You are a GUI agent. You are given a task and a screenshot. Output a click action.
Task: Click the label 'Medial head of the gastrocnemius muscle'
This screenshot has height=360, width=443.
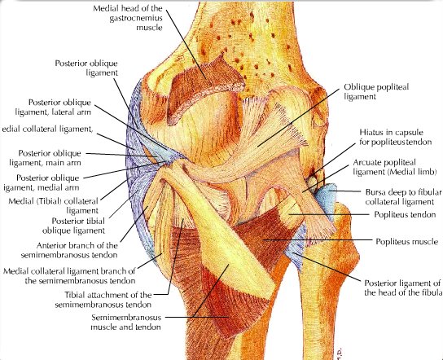click(128, 18)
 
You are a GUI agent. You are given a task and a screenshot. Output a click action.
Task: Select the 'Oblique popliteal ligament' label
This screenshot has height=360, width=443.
click(376, 91)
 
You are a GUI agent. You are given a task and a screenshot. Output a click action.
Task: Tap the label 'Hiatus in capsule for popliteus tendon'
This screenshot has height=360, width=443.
click(396, 137)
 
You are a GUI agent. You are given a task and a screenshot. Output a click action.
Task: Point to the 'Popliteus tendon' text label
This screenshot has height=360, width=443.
click(405, 214)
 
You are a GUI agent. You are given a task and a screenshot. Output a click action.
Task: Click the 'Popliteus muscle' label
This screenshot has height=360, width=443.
click(406, 241)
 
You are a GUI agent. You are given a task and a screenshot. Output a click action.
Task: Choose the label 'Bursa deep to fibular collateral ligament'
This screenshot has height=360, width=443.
click(403, 197)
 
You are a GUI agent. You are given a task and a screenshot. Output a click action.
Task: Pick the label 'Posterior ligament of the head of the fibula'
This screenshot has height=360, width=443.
click(402, 288)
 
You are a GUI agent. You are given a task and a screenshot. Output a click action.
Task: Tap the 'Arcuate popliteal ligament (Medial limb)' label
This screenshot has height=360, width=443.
click(395, 167)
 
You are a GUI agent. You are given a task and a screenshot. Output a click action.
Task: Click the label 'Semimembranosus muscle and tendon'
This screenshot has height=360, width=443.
click(125, 323)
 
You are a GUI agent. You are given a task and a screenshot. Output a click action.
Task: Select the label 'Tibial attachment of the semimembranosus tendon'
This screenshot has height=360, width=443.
click(103, 300)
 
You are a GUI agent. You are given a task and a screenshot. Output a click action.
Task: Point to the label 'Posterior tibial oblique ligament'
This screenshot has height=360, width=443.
click(74, 226)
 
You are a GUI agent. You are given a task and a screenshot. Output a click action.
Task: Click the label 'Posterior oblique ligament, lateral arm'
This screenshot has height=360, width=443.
click(53, 107)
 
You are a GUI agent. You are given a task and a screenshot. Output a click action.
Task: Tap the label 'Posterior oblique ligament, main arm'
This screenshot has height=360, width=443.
click(46, 158)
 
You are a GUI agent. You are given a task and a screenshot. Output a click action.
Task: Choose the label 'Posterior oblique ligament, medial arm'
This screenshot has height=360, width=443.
click(42, 182)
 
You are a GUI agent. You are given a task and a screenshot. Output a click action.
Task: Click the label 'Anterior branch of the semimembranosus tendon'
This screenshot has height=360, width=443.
click(69, 250)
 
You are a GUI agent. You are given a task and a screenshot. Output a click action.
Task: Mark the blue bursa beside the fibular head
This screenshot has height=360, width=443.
click(327, 200)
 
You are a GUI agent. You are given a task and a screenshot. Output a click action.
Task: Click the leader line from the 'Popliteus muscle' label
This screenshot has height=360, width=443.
click(317, 240)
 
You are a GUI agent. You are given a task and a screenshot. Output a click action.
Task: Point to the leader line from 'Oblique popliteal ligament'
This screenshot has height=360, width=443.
click(298, 117)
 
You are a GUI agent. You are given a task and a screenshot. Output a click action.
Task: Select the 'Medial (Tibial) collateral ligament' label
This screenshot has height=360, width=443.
click(54, 206)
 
